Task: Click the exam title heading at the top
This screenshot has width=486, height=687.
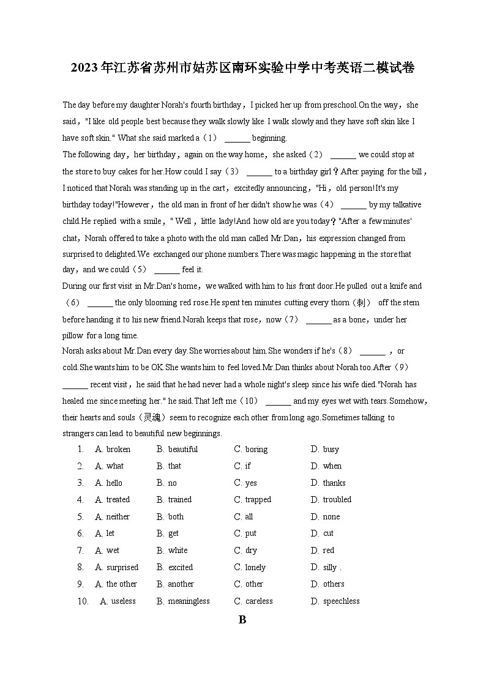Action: point(242,68)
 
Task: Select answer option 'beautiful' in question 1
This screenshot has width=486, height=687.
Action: point(182,449)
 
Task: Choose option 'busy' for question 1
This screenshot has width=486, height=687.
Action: point(331,449)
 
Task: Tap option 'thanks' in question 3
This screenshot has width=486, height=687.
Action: point(334,483)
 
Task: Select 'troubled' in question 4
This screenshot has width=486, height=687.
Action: point(337,499)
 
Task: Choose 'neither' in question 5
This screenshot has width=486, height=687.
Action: point(118,516)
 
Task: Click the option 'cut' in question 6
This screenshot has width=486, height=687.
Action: point(328,533)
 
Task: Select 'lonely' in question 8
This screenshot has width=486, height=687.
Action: point(255,567)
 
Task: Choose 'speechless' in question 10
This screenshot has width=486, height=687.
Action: point(341,601)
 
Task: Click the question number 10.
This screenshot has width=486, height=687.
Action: point(83,601)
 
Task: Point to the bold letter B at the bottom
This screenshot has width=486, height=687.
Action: point(242,620)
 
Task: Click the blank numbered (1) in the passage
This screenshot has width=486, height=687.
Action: point(237,138)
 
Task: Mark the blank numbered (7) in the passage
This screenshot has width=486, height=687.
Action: point(318,319)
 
